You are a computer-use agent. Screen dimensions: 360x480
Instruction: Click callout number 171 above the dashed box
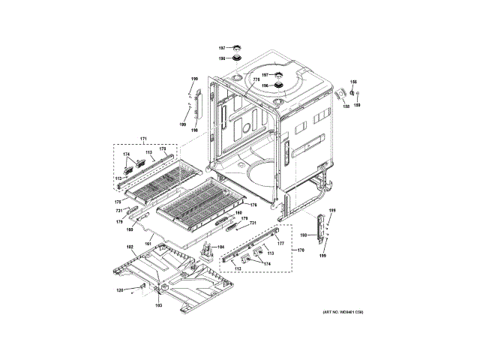(x=144, y=139)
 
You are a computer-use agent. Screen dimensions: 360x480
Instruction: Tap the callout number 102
(x=129, y=247)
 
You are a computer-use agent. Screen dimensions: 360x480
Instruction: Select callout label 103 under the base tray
(x=158, y=306)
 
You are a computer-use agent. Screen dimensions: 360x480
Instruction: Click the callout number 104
(x=220, y=247)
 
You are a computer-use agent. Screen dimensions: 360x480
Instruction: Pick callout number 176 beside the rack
(x=253, y=205)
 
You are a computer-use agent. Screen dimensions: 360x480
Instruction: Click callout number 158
(x=346, y=106)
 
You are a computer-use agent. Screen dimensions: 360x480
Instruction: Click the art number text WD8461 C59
(x=343, y=310)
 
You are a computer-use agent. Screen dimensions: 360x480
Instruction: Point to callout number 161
(x=148, y=244)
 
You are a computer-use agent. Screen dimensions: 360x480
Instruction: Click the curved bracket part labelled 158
(x=339, y=92)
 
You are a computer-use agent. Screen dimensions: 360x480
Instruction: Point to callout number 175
(x=117, y=202)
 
